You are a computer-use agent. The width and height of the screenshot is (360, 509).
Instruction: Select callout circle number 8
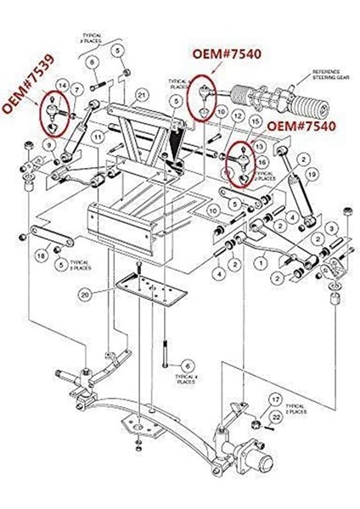pos(92,62)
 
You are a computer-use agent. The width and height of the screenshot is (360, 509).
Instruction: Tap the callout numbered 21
pos(143,92)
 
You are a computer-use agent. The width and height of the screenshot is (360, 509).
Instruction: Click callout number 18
pos(40,255)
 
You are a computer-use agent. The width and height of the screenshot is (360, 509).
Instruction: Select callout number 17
pos(276,398)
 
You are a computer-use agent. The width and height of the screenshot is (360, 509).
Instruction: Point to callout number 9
pos(50,145)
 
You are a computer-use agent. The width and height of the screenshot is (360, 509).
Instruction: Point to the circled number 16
pos(260,161)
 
